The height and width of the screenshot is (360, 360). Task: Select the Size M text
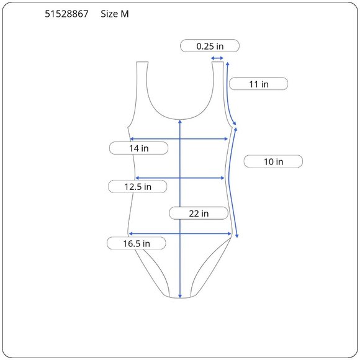click(115, 14)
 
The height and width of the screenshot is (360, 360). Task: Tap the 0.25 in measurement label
click(210, 46)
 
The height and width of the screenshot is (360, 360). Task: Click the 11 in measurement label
click(258, 84)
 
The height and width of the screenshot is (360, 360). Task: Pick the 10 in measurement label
click(273, 161)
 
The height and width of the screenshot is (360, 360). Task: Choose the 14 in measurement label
click(138, 148)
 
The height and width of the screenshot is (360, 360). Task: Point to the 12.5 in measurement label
click(138, 186)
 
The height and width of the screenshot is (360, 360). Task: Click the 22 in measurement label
click(198, 214)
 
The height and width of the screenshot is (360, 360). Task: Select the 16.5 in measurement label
click(136, 243)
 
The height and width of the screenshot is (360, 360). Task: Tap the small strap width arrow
click(217, 59)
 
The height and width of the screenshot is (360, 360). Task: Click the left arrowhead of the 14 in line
click(130, 139)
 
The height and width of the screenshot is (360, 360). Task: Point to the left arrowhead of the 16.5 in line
click(130, 234)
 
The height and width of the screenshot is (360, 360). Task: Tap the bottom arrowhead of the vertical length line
click(179, 296)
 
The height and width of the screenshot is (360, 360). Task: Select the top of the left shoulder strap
click(142, 62)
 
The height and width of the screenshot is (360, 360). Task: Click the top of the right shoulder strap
click(217, 62)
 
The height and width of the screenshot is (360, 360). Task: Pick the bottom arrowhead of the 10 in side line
click(238, 236)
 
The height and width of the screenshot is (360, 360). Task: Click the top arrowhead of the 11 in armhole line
click(228, 63)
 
